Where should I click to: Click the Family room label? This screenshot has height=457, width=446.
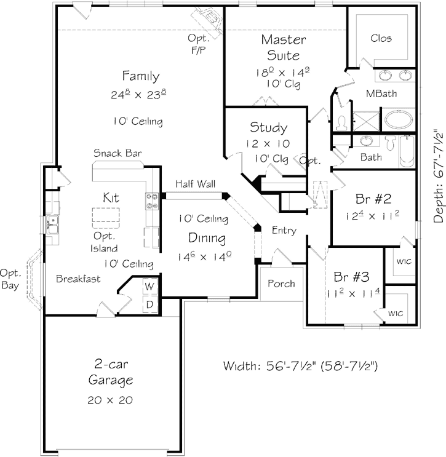141,76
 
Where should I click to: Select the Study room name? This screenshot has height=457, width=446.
268,128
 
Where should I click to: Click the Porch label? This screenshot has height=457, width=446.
282,284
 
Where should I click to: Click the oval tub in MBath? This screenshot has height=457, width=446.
400,119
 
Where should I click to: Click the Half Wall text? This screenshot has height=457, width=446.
192,184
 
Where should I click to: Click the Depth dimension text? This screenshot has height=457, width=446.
438,176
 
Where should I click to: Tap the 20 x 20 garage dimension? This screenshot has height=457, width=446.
111,400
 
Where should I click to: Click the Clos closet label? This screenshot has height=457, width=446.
381,38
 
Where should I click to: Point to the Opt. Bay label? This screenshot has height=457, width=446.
12,279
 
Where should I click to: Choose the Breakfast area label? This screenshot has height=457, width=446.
78,279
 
